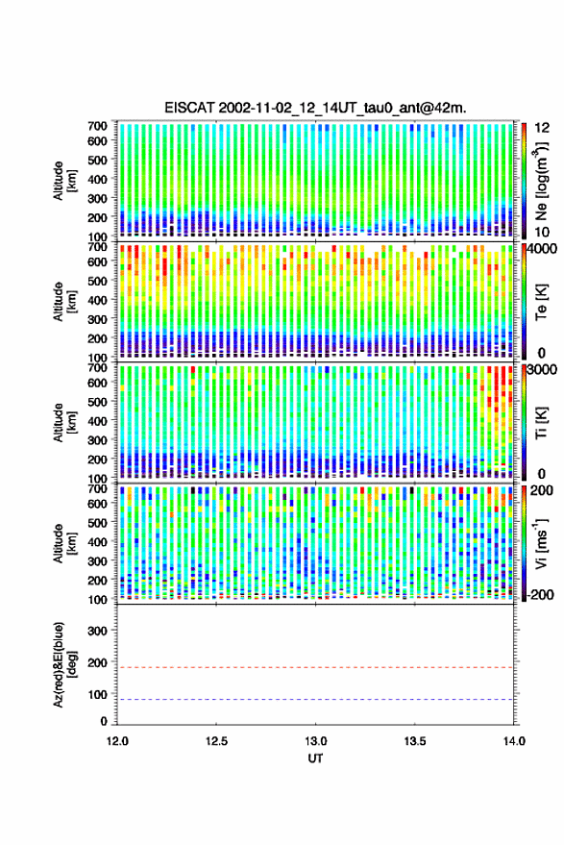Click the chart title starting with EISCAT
(316, 108)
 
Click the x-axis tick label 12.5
(216, 741)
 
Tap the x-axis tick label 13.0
(316, 741)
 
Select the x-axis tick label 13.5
(415, 741)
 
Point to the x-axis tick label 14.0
(514, 741)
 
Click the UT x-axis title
(316, 758)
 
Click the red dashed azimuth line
(315, 667)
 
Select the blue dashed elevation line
(315, 700)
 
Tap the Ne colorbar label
(540, 181)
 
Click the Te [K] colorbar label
(541, 302)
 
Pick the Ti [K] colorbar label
(541, 423)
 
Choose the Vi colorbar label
(541, 543)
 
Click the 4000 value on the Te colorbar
(543, 249)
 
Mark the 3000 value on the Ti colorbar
(543, 370)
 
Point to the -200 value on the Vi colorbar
(539, 595)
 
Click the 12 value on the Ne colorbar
(543, 128)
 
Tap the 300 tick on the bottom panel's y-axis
(97, 631)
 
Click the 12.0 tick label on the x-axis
(117, 741)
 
